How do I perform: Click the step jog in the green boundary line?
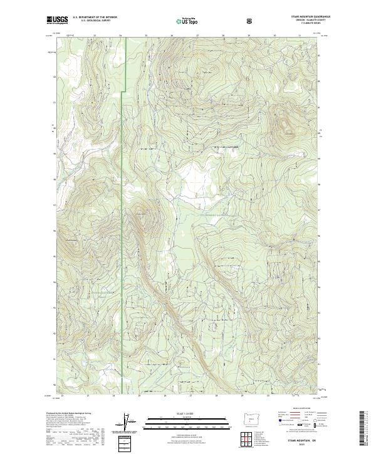click(x=123, y=93)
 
